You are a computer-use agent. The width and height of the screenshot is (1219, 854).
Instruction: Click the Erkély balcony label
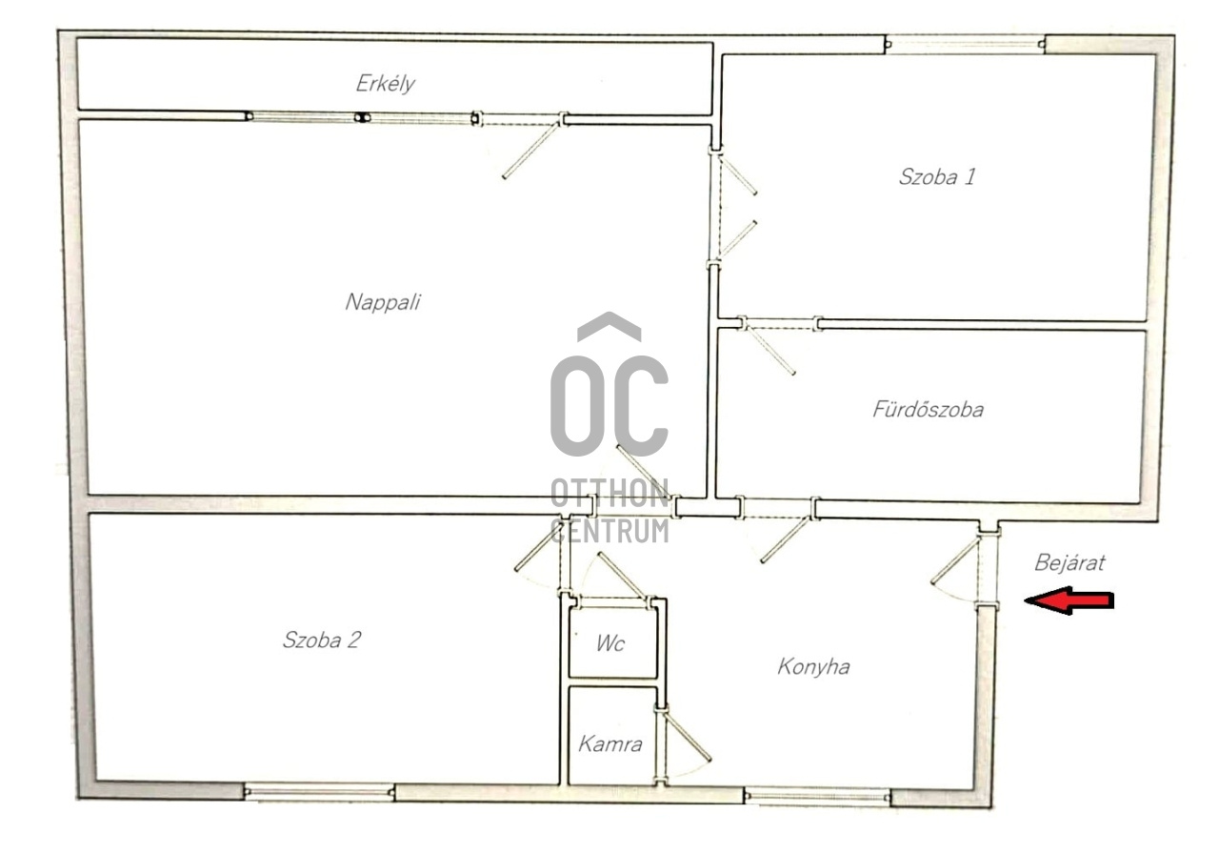tap(386, 84)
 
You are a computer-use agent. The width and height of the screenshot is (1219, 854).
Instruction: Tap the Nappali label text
tap(383, 302)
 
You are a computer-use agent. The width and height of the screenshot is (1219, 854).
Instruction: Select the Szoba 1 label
tap(937, 177)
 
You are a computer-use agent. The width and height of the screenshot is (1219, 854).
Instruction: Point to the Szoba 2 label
tap(322, 640)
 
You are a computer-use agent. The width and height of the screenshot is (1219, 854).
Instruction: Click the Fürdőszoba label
tap(929, 410)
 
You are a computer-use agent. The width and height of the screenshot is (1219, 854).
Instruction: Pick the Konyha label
tap(813, 667)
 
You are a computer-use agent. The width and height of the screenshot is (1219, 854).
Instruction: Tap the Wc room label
tap(610, 643)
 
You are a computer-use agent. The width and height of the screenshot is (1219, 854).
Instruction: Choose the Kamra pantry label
tap(610, 744)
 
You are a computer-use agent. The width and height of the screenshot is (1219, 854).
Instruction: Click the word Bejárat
tap(1069, 562)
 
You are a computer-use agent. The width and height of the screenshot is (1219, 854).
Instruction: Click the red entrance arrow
tap(1069, 600)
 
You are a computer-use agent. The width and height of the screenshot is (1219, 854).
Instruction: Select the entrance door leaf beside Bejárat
tap(955, 560)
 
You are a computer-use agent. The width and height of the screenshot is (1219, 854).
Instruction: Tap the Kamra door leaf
tap(688, 736)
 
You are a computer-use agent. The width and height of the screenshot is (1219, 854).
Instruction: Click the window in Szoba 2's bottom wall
tap(319, 792)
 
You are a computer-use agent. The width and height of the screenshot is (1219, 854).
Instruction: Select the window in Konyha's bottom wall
tap(817, 798)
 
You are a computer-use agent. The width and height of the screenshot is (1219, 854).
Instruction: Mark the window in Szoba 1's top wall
tap(965, 45)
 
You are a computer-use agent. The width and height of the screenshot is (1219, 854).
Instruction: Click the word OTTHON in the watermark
tap(610, 494)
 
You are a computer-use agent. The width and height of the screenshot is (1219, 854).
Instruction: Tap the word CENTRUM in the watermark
tap(610, 531)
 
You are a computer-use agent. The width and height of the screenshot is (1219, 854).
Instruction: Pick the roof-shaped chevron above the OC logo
tap(609, 326)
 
